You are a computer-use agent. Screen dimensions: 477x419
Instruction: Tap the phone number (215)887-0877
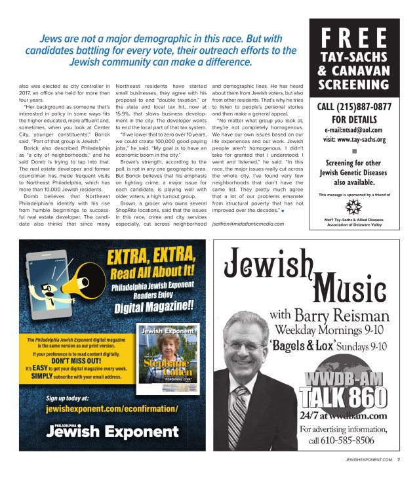pyautogui.click(x=364, y=106)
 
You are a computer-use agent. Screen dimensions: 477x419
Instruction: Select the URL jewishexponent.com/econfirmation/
pyautogui.click(x=112, y=408)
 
